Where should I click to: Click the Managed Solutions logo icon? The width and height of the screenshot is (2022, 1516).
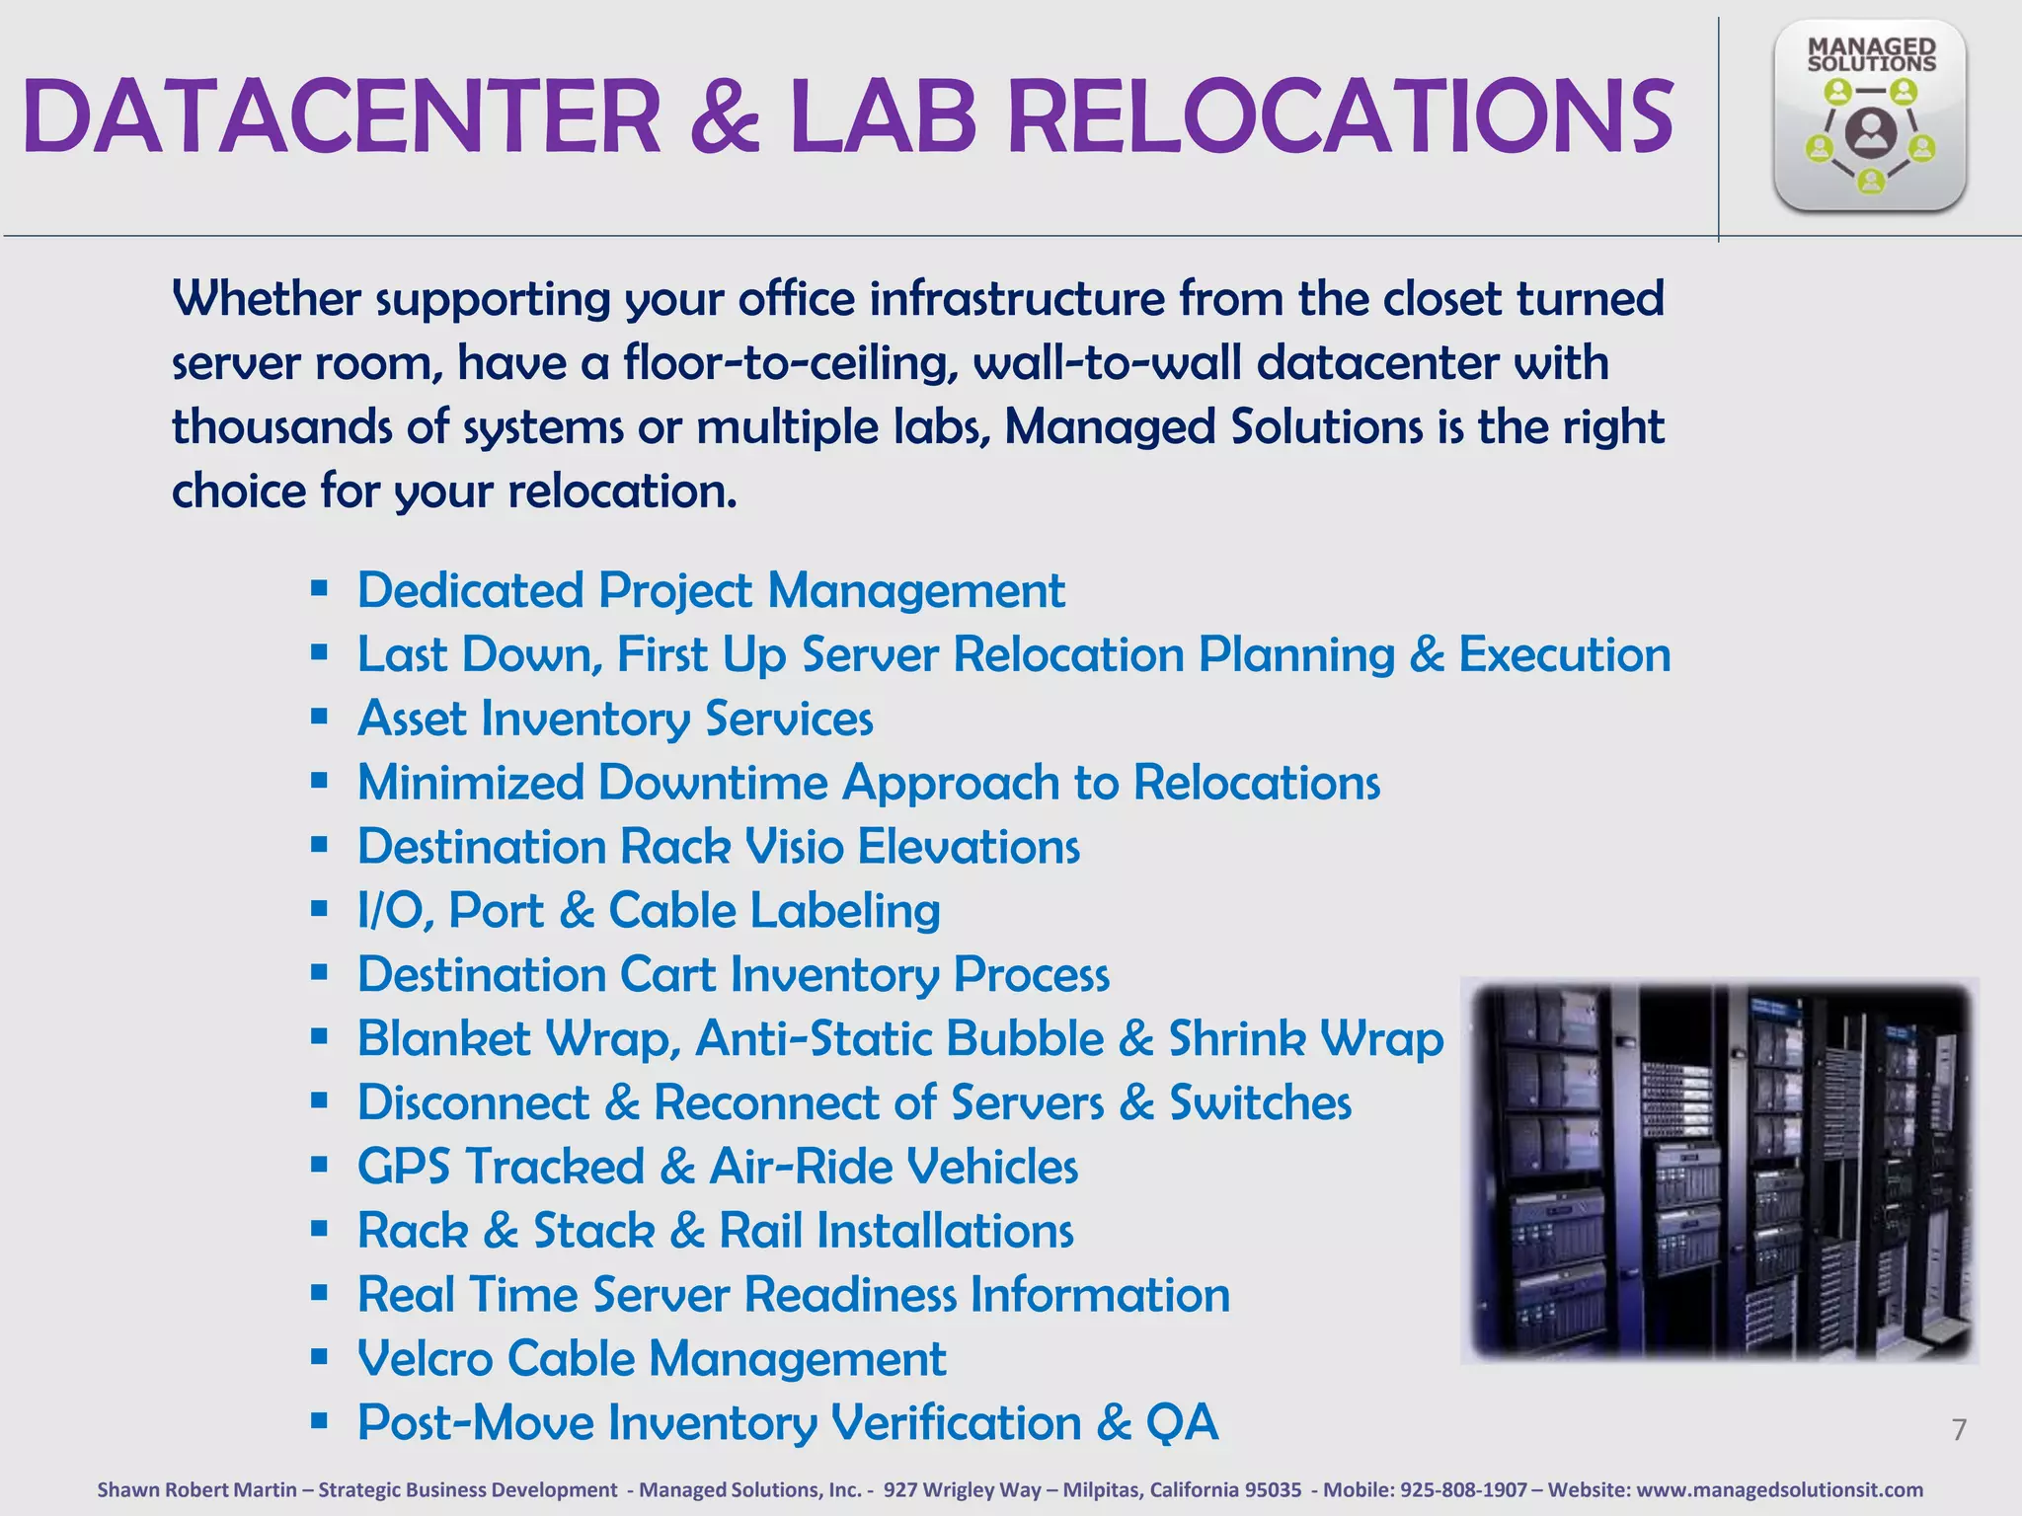click(1869, 116)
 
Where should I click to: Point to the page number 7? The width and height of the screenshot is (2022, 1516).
click(1959, 1429)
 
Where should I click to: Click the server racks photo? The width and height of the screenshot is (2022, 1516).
click(1720, 1171)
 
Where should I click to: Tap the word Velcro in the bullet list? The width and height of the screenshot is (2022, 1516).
click(425, 1358)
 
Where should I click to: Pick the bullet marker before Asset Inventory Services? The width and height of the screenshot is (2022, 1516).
click(319, 718)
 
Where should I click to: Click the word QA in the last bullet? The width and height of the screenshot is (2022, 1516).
click(1182, 1422)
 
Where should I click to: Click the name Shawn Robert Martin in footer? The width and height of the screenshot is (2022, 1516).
click(196, 1489)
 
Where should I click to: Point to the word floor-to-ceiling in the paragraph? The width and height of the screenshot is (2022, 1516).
click(790, 363)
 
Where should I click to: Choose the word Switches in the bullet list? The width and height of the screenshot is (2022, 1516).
click(1260, 1102)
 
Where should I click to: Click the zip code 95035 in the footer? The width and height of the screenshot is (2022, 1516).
click(1273, 1489)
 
